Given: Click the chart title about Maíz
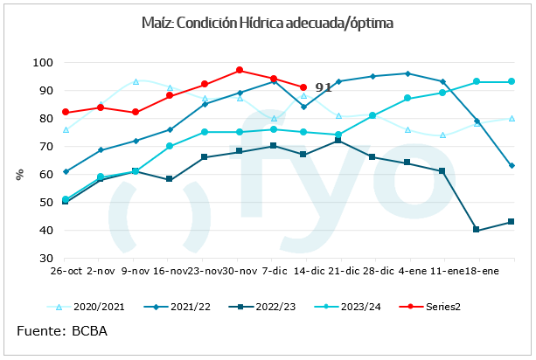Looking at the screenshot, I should tap(268, 23).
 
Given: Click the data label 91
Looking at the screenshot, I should tap(323, 87).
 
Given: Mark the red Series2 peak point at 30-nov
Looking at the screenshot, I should tap(240, 70).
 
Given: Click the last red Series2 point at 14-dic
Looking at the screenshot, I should tap(303, 87).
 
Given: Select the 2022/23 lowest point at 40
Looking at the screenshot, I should tap(477, 230).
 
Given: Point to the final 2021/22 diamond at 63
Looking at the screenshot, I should tap(512, 165).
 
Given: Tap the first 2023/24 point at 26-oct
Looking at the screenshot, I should tap(67, 199).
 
